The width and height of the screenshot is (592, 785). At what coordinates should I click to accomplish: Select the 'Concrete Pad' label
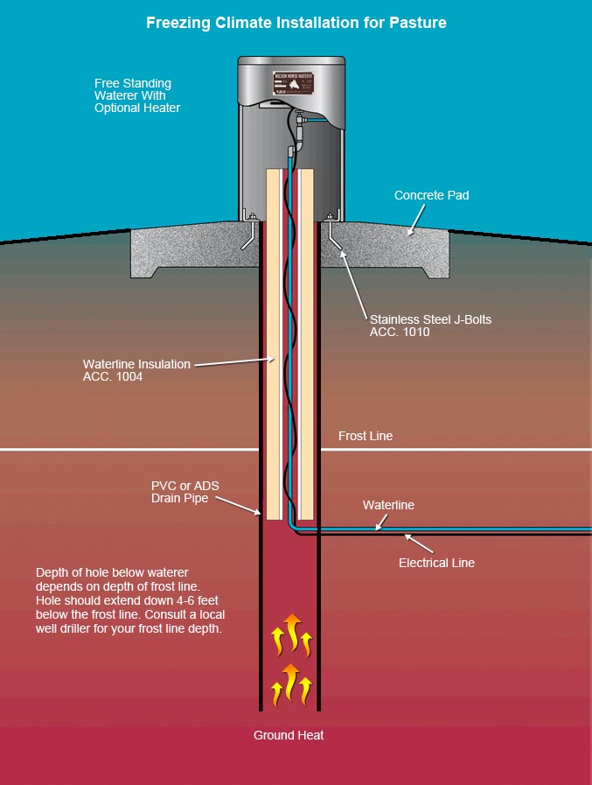431,195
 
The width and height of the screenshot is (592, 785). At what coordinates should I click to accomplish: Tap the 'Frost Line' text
366,436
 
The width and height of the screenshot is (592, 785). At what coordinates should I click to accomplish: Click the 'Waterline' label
388,505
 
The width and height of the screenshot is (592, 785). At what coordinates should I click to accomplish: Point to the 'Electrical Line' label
436,563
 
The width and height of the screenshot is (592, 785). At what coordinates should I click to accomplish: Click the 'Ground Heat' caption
289,735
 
